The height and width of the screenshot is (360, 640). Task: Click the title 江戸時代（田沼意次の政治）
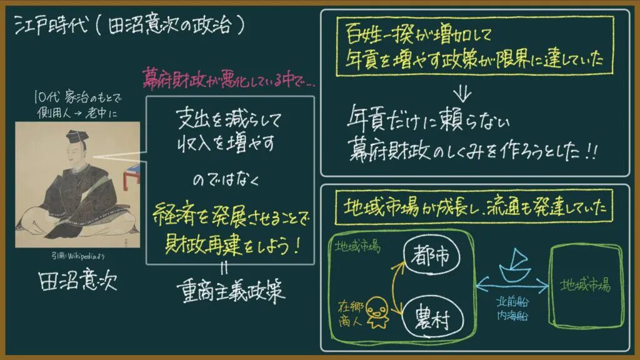[x=130, y=25]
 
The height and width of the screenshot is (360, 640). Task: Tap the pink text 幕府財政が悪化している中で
[x=229, y=78]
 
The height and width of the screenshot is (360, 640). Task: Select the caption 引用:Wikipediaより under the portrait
[x=77, y=256]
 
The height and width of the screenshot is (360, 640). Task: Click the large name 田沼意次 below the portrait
[x=77, y=280]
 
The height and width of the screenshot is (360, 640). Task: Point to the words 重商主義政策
[x=231, y=291]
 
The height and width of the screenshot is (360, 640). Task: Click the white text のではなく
[x=226, y=179]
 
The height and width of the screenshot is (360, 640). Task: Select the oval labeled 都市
[x=431, y=256]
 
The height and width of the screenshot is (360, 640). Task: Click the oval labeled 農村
[x=432, y=318]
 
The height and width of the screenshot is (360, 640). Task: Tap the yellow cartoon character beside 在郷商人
[x=377, y=312]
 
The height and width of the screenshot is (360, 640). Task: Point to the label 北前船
[x=512, y=302]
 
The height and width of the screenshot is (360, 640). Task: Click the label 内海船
[x=512, y=315]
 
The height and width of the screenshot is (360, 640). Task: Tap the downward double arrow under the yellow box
[x=462, y=94]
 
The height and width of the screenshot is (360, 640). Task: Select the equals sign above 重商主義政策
[x=224, y=268]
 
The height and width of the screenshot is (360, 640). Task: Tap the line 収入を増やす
[x=226, y=143]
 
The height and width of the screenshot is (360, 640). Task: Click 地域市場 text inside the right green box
[x=586, y=285]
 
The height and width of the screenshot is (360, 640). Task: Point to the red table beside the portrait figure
[x=131, y=177]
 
